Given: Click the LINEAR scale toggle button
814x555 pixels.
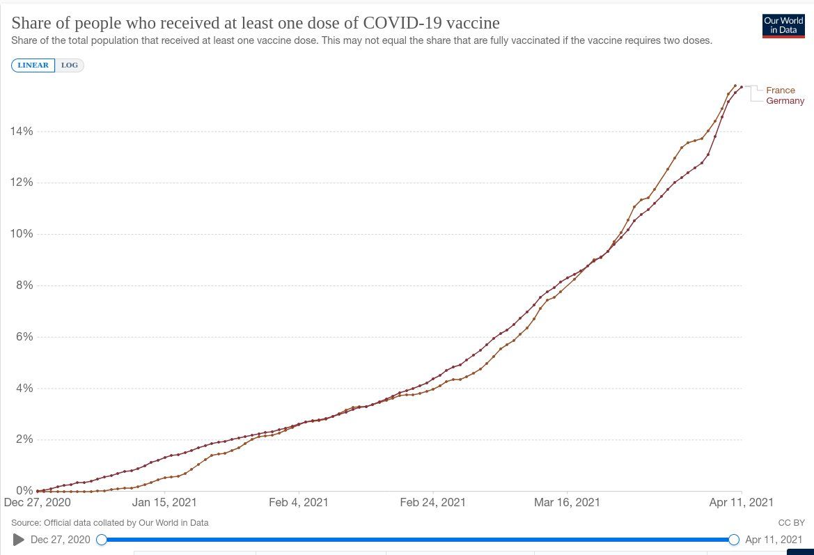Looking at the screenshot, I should [x=33, y=65].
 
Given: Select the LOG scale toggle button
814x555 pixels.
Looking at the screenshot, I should [x=69, y=65].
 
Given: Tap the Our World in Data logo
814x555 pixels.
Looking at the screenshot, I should [x=783, y=26].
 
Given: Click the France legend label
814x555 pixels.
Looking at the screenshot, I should [x=780, y=91].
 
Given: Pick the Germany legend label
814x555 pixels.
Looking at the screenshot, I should [x=785, y=101].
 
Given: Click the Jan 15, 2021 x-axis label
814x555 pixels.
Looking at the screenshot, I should [x=164, y=502].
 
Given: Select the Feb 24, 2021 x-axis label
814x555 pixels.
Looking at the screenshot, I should [x=432, y=502].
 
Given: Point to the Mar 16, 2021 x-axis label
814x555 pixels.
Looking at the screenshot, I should [x=566, y=502].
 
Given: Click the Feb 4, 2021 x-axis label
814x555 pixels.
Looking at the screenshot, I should [x=298, y=502].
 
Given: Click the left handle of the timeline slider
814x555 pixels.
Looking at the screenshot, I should [x=102, y=540].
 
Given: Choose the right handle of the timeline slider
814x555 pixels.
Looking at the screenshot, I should [x=733, y=540].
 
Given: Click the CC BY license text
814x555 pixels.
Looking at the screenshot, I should [x=791, y=522].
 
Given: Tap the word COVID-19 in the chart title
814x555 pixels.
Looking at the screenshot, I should [x=404, y=22].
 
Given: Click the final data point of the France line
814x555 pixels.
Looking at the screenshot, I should [x=735, y=86].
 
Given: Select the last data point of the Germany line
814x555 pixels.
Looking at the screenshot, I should [x=742, y=87].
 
